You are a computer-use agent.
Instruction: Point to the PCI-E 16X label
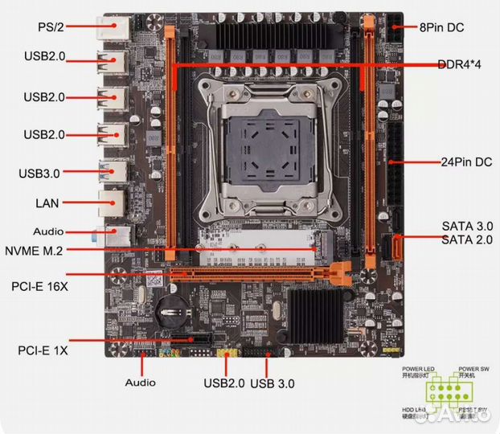coord(41,285)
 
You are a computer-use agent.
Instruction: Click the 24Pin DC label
coord(466,162)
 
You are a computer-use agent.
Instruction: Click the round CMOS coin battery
coord(171,308)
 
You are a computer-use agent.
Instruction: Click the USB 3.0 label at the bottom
coord(273,383)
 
